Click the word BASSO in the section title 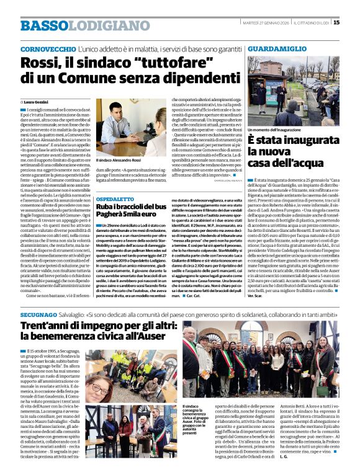click(x=42, y=25)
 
